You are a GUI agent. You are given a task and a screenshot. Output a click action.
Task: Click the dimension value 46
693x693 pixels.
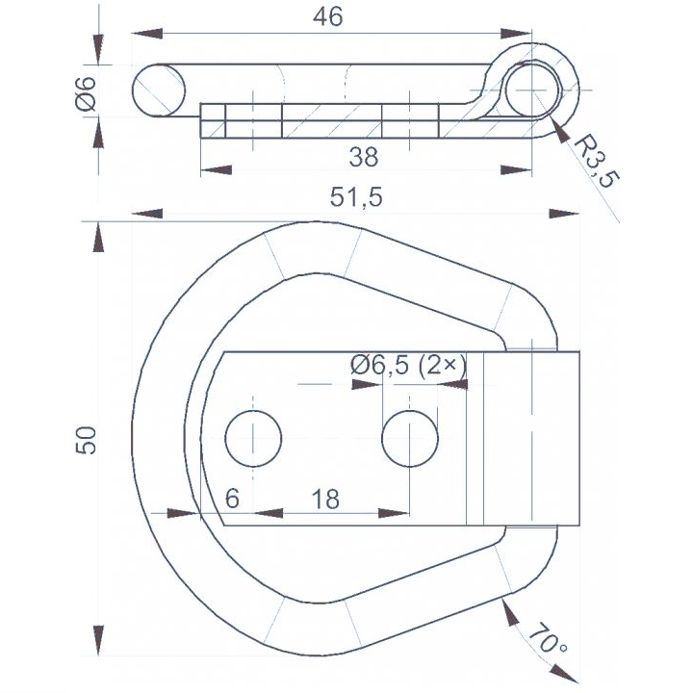coord(327,16)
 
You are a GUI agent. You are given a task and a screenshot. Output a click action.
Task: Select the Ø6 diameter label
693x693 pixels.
coord(86,93)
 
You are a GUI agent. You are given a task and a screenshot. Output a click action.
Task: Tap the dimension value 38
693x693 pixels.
coord(363,157)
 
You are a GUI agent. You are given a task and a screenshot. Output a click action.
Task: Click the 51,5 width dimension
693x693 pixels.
coord(356,197)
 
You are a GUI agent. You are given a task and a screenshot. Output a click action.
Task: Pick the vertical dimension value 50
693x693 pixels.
coord(86,440)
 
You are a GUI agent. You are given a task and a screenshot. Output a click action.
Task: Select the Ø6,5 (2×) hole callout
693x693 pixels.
coord(408,366)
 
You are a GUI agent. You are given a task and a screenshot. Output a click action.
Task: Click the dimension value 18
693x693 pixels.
coord(325,499)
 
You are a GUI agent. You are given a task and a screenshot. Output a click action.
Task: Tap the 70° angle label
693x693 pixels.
coord(547,638)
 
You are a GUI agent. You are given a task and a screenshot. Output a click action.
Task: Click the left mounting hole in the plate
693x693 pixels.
coord(253,439)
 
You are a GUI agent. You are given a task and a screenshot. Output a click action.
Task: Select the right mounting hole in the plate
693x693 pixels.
coord(410,439)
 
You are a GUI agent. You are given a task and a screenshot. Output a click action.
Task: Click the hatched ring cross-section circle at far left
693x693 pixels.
coord(159,90)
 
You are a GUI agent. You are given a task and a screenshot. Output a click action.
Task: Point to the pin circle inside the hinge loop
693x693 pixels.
coord(532,90)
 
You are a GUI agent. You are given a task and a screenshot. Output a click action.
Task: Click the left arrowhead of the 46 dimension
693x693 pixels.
coord(147,34)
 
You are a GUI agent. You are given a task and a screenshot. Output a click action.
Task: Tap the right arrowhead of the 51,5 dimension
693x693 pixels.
coord(564,214)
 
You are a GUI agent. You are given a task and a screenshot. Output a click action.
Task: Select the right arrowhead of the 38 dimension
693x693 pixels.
coord(516,170)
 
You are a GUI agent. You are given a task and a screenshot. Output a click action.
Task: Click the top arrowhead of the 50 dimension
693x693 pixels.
coord(98,237)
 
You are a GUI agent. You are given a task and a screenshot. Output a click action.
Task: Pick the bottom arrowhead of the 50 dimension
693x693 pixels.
coord(98,640)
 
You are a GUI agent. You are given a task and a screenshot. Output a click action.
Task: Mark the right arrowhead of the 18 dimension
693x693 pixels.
coord(394,513)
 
